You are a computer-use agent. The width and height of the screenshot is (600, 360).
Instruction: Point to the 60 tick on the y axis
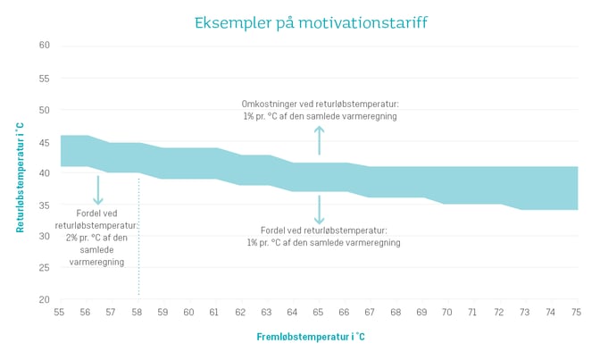[44, 46]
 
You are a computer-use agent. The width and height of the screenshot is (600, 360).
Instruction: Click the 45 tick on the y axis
[44, 141]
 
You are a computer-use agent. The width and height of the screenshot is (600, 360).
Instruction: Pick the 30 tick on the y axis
[44, 237]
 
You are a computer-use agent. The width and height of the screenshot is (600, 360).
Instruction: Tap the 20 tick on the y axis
[44, 300]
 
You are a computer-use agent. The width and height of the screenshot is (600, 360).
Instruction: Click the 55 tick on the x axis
[59, 313]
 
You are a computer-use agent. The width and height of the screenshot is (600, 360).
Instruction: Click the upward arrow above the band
[320, 140]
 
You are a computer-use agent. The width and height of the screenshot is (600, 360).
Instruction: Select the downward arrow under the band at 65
[320, 209]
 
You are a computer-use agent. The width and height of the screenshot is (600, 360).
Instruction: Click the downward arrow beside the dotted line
[98, 190]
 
